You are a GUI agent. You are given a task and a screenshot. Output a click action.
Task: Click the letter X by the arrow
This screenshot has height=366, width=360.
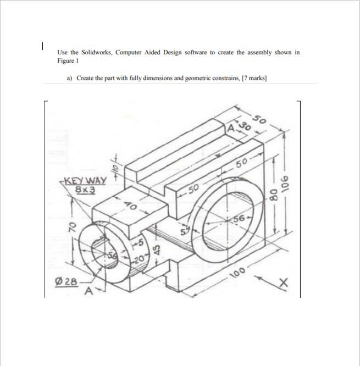[x=283, y=282]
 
